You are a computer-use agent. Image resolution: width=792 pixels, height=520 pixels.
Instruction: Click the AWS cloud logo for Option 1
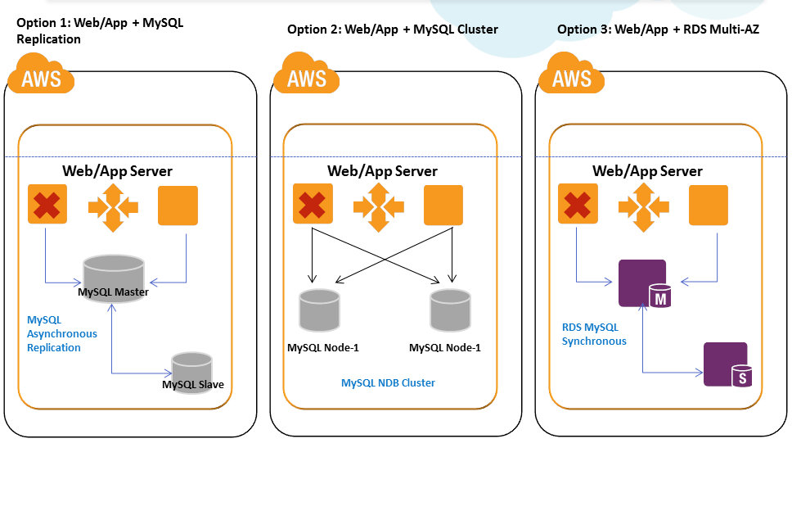click(x=41, y=75)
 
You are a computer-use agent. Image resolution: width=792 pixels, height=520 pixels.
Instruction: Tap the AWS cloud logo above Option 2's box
click(x=306, y=75)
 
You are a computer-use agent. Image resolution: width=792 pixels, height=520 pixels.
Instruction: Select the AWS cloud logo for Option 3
click(x=571, y=75)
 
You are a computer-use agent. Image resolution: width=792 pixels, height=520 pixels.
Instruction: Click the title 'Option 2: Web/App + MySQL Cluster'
click(x=393, y=29)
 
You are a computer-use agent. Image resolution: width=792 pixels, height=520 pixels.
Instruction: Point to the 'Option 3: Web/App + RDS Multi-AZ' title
click(x=659, y=29)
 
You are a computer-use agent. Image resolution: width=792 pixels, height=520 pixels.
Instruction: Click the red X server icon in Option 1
click(x=47, y=205)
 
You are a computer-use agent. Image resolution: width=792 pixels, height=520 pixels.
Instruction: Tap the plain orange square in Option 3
click(x=709, y=205)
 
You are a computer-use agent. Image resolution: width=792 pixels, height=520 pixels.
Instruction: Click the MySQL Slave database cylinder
click(x=191, y=373)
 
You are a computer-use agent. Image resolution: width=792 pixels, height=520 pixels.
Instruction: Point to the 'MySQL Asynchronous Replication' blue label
click(x=62, y=333)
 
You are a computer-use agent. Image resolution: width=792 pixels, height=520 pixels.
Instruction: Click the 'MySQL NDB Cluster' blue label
click(x=388, y=382)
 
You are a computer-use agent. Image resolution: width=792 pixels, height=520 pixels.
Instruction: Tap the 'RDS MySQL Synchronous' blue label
click(x=594, y=334)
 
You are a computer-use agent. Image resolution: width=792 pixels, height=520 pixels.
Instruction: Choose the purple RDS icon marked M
click(x=645, y=284)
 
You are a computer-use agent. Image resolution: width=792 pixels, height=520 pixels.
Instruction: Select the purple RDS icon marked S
click(x=727, y=364)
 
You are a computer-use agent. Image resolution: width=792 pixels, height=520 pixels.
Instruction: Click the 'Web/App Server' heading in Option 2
click(x=383, y=171)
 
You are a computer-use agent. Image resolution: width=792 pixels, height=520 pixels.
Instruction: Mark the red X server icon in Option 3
click(x=578, y=205)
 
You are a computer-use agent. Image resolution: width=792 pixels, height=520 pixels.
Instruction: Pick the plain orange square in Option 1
click(x=178, y=205)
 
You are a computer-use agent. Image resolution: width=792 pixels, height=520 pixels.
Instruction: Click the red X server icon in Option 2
click(x=313, y=205)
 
